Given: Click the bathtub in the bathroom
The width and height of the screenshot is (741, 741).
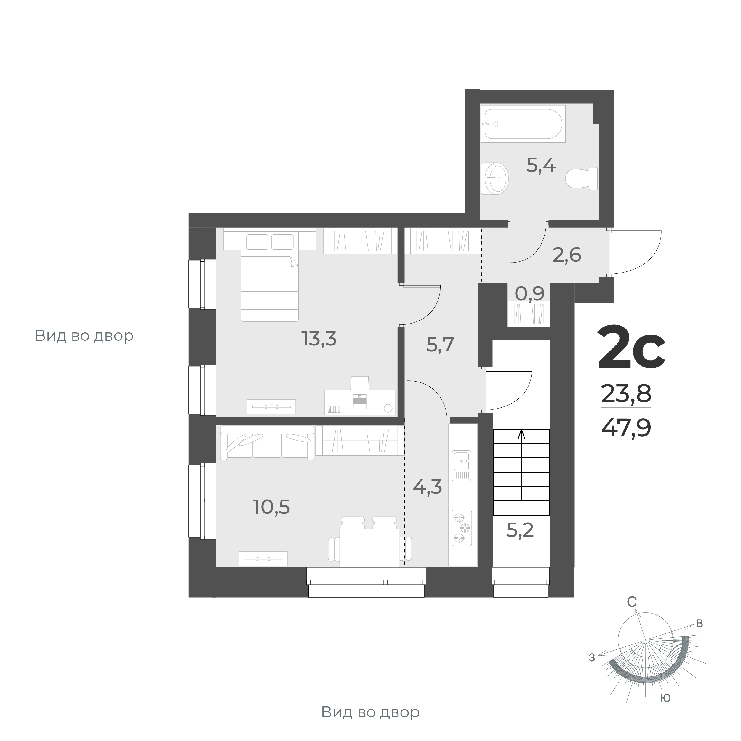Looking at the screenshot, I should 523,124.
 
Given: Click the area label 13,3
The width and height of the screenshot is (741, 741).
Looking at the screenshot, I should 319,339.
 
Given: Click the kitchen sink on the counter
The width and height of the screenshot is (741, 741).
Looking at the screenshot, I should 463,465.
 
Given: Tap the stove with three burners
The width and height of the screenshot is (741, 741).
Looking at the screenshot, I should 462,528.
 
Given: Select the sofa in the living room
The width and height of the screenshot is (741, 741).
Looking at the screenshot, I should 267,442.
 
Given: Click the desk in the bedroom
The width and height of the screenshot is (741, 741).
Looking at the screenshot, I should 359,402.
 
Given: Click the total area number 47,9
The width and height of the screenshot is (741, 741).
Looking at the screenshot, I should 626,428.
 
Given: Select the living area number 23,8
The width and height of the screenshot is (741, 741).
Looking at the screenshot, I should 626,393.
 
